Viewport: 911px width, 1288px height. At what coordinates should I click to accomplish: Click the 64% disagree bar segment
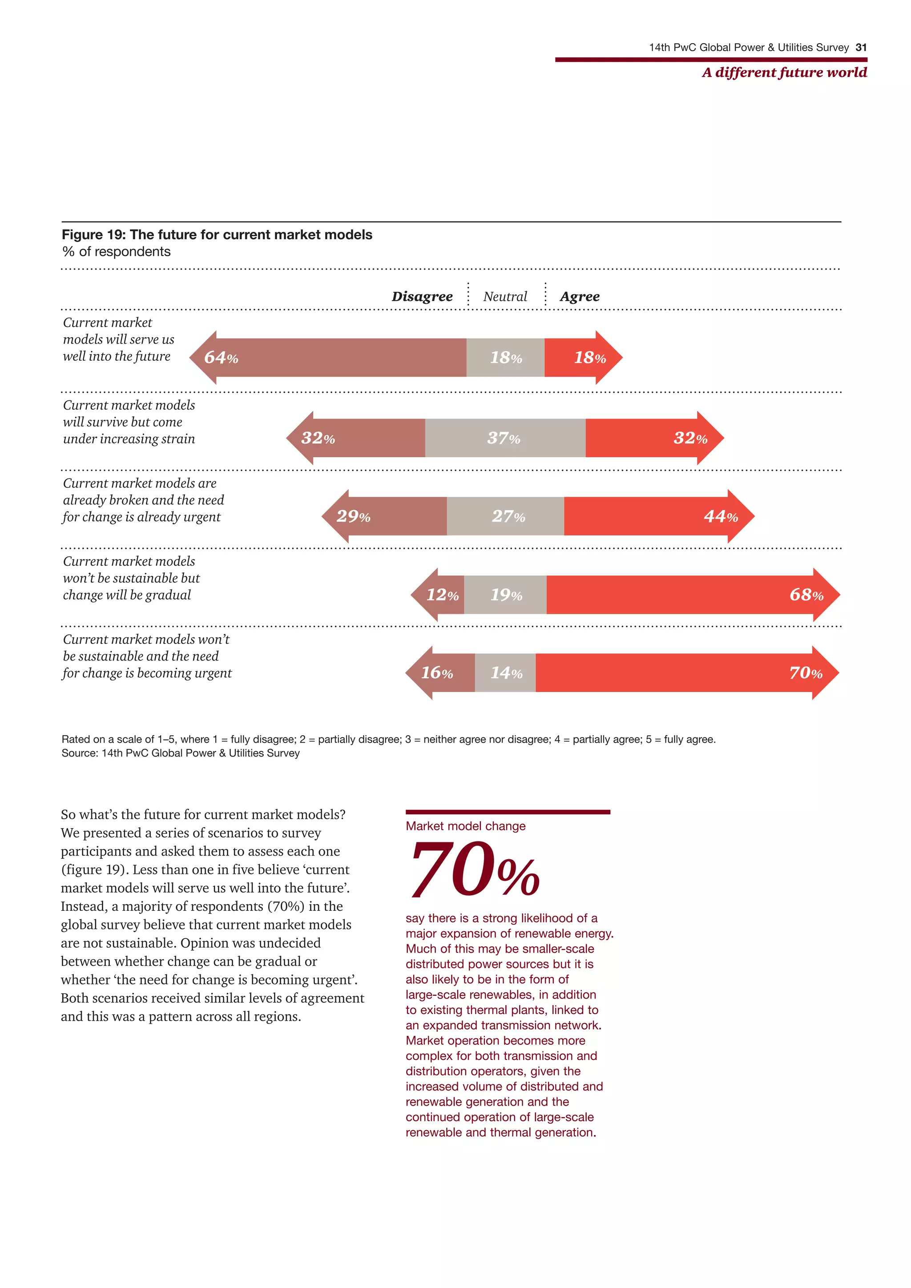click(337, 357)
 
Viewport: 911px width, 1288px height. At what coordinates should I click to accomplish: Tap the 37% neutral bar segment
click(505, 438)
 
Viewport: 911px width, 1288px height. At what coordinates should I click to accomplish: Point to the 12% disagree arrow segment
click(440, 595)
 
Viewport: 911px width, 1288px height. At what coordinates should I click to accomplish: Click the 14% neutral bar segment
click(505, 672)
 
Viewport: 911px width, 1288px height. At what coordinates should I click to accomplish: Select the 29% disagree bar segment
click(387, 516)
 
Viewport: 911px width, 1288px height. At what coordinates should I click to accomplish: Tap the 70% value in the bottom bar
click(806, 672)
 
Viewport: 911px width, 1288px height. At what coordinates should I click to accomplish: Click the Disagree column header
click(422, 296)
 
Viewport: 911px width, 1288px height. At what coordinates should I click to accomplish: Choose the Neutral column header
click(505, 296)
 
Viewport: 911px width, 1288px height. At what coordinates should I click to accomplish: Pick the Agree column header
click(580, 296)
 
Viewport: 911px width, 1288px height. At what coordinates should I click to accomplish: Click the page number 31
click(861, 48)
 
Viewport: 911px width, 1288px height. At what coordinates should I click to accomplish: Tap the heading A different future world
click(784, 72)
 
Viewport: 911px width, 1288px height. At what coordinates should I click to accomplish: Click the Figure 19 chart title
click(217, 234)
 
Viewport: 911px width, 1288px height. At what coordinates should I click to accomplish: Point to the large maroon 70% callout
click(474, 869)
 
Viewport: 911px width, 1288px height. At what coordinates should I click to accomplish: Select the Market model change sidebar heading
click(466, 826)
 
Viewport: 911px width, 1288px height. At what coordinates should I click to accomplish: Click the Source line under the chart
click(180, 753)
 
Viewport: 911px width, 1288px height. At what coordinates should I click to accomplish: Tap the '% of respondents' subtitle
click(116, 251)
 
